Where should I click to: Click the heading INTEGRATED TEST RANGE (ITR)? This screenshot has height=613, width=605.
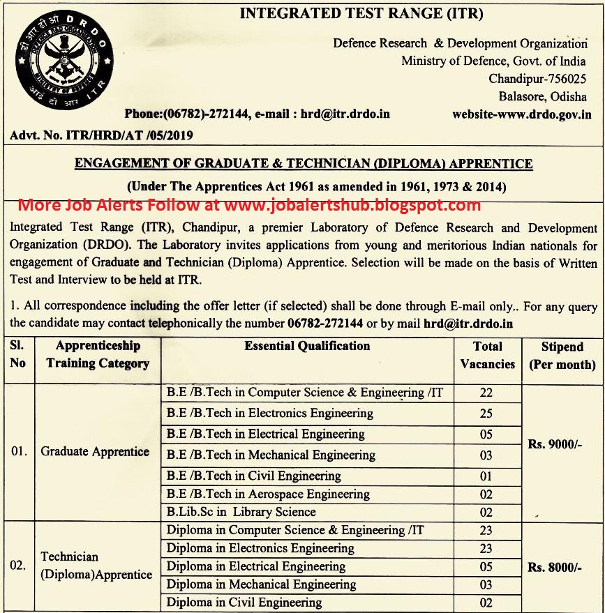point(361,13)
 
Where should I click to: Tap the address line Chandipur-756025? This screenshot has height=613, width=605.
point(537,79)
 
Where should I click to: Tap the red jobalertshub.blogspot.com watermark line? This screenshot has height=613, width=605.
point(249,205)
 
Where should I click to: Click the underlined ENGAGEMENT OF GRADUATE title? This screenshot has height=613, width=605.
point(303,165)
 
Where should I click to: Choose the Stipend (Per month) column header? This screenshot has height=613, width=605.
point(562,355)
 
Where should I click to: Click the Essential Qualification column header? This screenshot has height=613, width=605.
point(307,346)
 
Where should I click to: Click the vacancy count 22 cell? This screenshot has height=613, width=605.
point(486,393)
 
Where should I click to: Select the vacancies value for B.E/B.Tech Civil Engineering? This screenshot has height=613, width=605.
point(486,477)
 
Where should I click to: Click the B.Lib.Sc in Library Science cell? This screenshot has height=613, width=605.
point(241,512)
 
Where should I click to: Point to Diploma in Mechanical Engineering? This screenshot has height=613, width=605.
point(261,584)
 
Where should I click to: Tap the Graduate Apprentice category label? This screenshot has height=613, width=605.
point(95,451)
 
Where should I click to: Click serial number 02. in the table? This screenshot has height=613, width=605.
point(18,566)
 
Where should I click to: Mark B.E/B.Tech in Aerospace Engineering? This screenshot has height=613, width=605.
point(268,494)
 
